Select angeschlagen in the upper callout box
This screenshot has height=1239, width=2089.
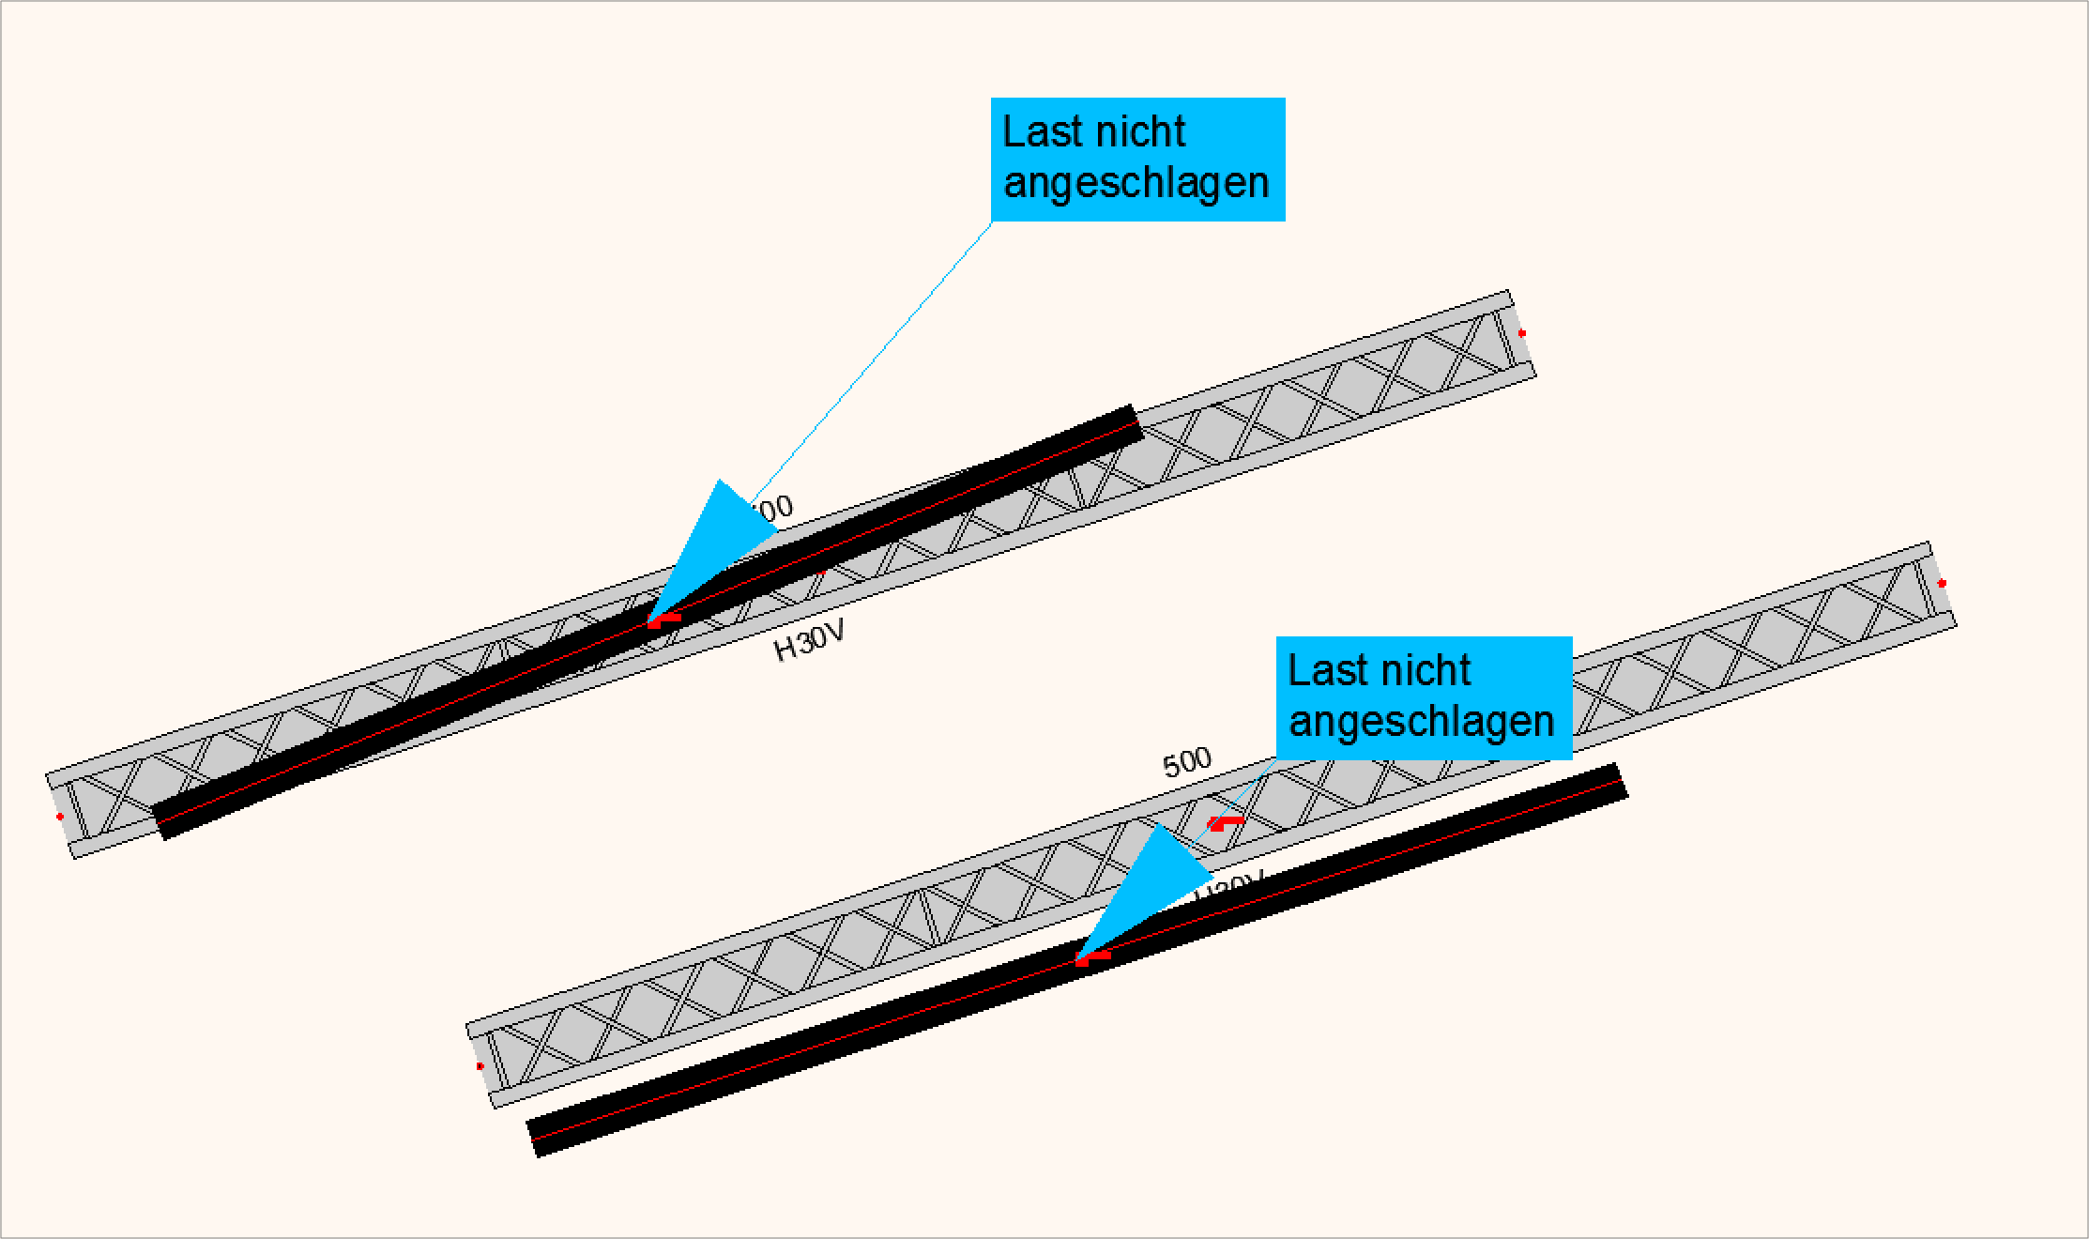[1136, 183]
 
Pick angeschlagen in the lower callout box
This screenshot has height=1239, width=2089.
[1421, 722]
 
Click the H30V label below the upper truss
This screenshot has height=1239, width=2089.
[809, 641]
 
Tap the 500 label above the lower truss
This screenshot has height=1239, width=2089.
[1187, 763]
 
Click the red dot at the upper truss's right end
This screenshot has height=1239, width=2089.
[1522, 333]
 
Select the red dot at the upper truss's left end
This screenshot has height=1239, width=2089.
[60, 817]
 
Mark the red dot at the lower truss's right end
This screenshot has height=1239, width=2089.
[1942, 584]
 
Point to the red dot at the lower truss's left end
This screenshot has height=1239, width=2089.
[480, 1066]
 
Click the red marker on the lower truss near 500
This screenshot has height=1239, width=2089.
[1224, 823]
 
